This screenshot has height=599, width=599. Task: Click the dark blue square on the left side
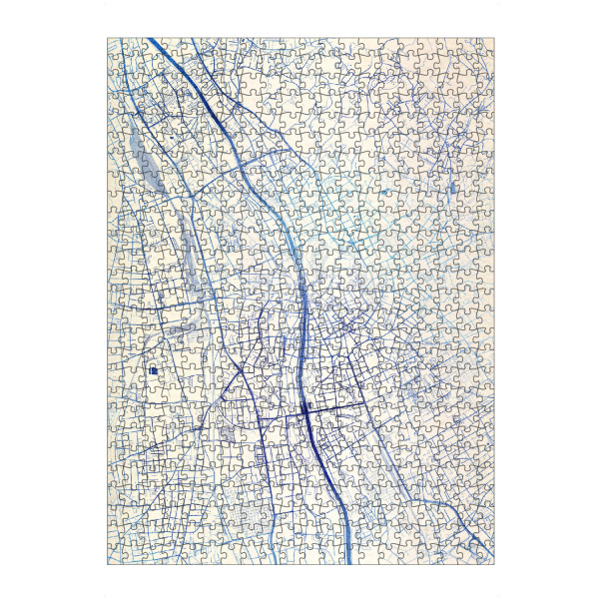155,370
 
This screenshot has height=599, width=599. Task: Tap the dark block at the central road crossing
305,409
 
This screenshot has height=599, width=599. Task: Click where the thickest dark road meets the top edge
153,40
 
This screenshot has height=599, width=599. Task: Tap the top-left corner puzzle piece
118,48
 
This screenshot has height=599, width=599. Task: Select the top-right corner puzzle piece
484,48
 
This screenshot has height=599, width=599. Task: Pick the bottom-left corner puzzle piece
118,554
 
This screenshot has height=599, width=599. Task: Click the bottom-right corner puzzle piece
484,554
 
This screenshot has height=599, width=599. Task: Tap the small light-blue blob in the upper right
383,191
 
